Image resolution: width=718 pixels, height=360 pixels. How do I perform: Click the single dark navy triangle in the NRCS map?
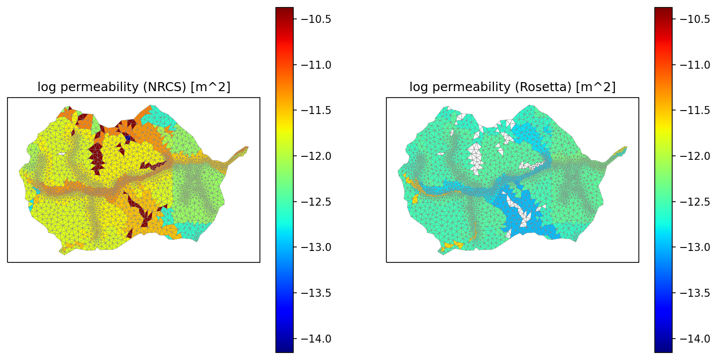click(x=128, y=137)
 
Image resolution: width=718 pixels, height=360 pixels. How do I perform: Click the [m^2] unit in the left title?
click(x=215, y=87)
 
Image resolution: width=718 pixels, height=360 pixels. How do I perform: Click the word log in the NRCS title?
click(x=45, y=87)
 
